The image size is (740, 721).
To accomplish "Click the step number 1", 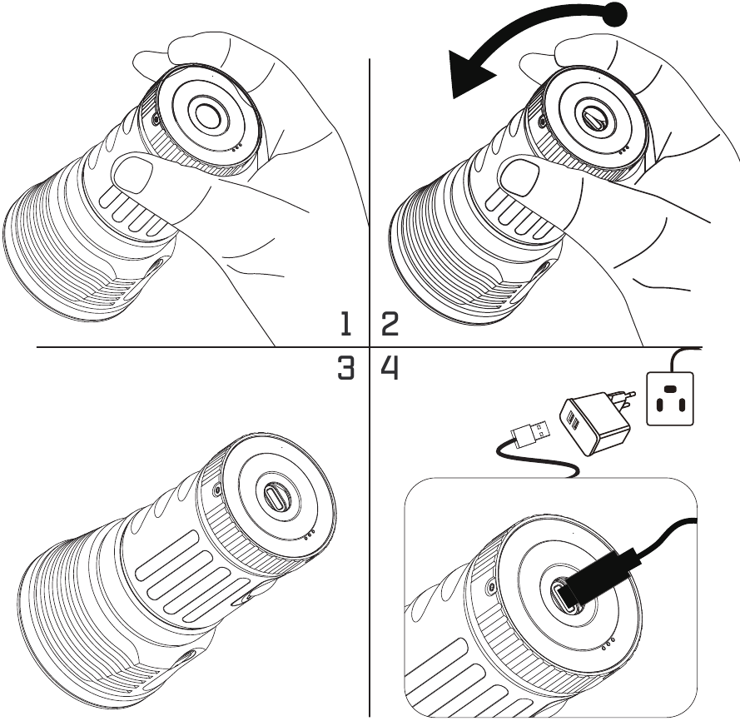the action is (x=346, y=325).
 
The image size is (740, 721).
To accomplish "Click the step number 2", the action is (x=390, y=325).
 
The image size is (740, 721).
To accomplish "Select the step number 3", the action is (x=346, y=368).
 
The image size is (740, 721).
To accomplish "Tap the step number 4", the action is (x=390, y=368).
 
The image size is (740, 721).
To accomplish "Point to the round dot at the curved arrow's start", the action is (x=615, y=14).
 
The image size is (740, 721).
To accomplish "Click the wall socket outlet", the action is (x=670, y=399).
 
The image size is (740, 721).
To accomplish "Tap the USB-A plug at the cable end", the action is (x=530, y=433).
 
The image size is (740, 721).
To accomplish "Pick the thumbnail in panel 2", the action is (x=519, y=179).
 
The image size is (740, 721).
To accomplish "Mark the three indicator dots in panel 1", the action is (x=237, y=148).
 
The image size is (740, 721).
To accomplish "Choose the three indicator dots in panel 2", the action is (x=623, y=150).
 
